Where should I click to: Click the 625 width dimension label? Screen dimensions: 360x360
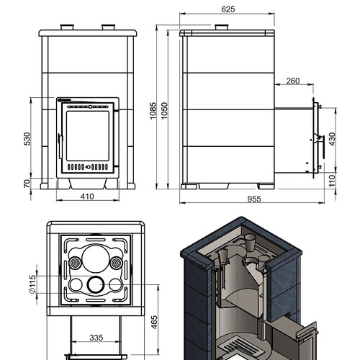coord(228,9)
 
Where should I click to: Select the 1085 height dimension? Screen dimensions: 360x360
coord(153,111)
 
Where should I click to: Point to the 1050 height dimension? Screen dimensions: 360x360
coord(164,111)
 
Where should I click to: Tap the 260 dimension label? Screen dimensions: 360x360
coord(293,81)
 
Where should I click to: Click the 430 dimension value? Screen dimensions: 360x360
coord(332,139)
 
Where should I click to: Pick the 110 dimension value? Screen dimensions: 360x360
coord(332,181)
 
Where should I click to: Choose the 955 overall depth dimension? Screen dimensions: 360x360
coord(254,199)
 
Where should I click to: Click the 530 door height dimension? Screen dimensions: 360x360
coord(27,139)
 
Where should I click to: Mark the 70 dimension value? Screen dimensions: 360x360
coord(27,183)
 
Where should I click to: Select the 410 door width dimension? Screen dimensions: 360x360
coord(87,197)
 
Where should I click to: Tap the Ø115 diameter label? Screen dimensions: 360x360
coord(32,284)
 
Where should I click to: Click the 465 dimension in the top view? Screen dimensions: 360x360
coord(154,322)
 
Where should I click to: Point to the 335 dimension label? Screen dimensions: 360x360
coord(96,338)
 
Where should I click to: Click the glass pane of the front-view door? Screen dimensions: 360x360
coord(88,136)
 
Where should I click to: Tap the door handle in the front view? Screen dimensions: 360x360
coord(60,146)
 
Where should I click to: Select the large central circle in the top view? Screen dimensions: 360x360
coord(96,258)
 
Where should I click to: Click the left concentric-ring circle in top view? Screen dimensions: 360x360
coord(75,263)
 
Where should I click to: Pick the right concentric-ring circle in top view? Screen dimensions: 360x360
coord(117,263)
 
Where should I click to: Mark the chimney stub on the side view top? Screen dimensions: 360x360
coord(222,27)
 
